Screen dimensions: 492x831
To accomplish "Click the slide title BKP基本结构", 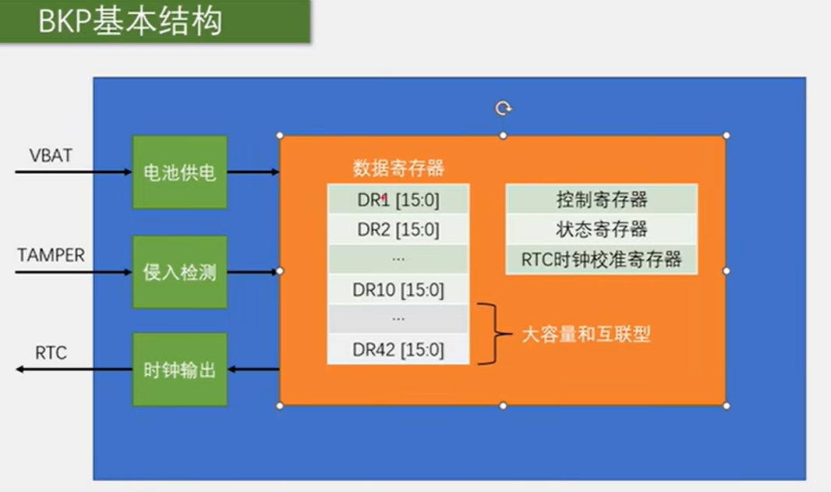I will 131,22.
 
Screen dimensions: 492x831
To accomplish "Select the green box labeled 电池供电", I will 179,172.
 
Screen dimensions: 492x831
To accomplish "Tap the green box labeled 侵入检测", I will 179,272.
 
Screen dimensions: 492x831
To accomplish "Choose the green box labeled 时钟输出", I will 179,370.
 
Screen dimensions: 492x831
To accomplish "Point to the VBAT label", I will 51,155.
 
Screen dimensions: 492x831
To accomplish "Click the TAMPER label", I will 51,255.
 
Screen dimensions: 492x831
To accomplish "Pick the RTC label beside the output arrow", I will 51,353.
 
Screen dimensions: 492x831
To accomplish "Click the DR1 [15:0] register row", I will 398,200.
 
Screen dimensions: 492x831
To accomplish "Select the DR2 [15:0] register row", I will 398,230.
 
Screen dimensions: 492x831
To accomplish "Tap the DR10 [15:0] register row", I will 398,290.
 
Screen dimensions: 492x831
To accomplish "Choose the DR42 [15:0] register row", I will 398,350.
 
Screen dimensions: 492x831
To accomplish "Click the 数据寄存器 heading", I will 398,168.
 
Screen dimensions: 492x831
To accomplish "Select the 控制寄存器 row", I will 601,200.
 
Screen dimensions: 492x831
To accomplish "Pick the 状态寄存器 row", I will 601,230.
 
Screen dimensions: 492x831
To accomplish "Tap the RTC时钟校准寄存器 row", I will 601,260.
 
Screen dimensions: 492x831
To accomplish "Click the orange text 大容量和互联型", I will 585,335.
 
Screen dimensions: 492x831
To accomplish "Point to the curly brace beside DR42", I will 490,334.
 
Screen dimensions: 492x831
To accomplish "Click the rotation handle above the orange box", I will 503,108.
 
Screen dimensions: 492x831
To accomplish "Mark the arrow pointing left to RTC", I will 74,370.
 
